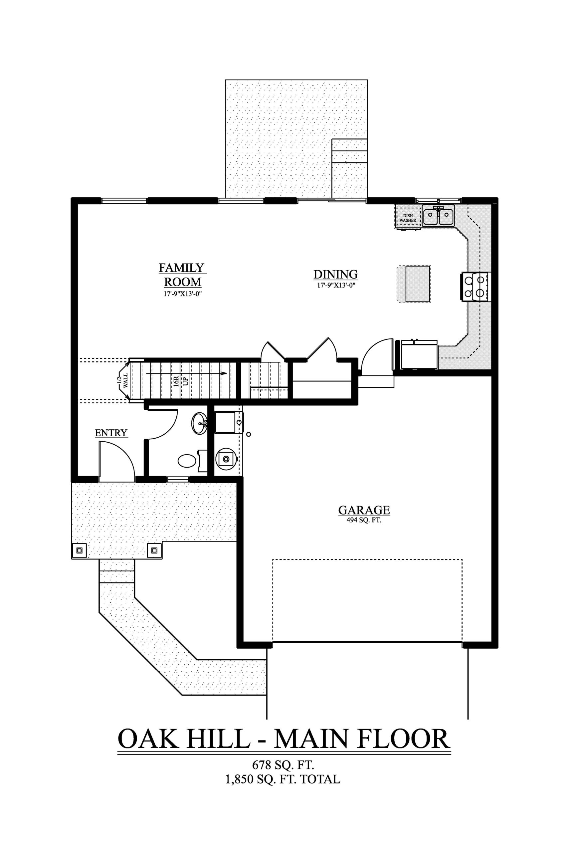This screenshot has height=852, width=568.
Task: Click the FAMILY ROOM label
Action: pyautogui.click(x=183, y=275)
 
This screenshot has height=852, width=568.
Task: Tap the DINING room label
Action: pyautogui.click(x=335, y=274)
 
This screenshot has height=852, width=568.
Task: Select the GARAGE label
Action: pyautogui.click(x=364, y=510)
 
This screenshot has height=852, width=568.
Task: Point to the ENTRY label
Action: pyautogui.click(x=111, y=433)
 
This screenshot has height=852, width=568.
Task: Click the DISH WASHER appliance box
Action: pyautogui.click(x=408, y=217)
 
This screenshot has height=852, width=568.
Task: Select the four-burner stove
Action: pyautogui.click(x=475, y=286)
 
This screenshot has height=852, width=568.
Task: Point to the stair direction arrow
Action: pyautogui.click(x=186, y=373)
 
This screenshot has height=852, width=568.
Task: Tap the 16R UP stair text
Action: pyautogui.click(x=180, y=381)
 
